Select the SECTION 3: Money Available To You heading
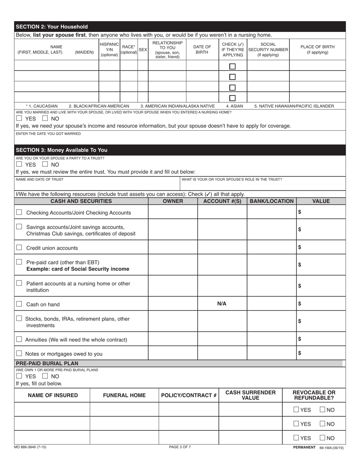coord(61,150)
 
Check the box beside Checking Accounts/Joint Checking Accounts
coord(19,213)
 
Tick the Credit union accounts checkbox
coord(19,248)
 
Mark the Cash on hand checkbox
coord(19,304)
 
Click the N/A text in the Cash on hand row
coord(222,304)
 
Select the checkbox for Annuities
coord(19,339)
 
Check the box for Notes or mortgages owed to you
coord(19,353)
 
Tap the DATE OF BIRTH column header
coord(202,50)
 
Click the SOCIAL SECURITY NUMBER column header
coord(268,50)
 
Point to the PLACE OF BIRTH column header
coord(317,50)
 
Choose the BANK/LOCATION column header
coord(271,201)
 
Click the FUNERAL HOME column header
coord(124,396)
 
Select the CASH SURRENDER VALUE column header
coord(250,395)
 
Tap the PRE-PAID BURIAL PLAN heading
coord(47,363)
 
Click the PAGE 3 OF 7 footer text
coord(180,447)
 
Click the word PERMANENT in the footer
coord(304,447)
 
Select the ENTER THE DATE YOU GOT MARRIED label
coord(48,133)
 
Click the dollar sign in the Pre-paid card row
coord(300,265)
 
